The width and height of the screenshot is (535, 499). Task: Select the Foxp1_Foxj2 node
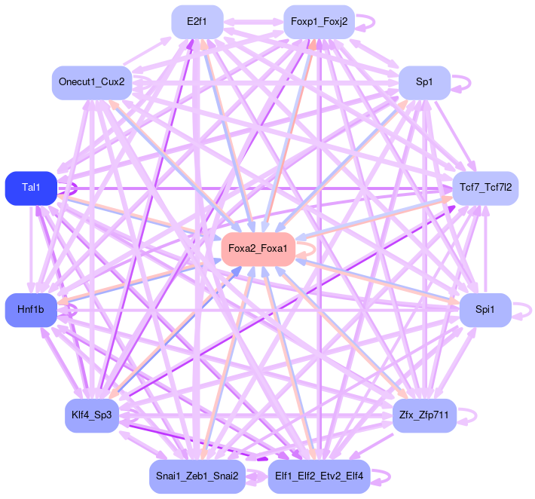click(319, 23)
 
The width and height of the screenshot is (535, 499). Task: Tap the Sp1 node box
click(424, 83)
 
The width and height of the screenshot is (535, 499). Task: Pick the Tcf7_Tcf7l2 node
click(485, 188)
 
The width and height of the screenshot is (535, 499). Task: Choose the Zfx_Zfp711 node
click(424, 415)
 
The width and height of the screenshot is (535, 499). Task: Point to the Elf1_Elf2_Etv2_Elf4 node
click(319, 476)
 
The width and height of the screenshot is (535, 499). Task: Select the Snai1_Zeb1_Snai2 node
click(197, 476)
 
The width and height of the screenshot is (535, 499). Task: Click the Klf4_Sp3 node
click(91, 415)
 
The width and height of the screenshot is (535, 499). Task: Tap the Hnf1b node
click(31, 310)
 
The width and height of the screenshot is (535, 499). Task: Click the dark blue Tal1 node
click(31, 188)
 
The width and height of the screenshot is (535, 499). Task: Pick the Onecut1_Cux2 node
click(92, 83)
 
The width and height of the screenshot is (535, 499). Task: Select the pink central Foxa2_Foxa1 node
click(258, 249)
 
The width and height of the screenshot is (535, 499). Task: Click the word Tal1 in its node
click(31, 188)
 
